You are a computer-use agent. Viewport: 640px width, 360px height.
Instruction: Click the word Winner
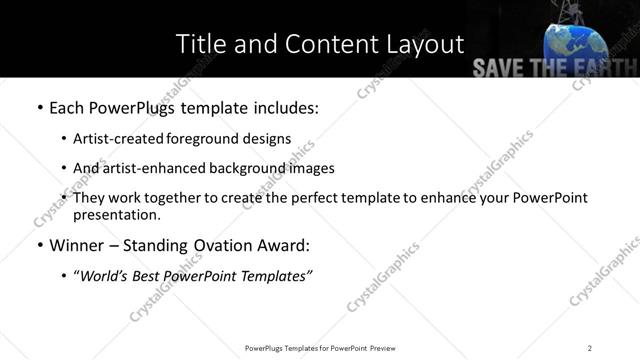point(79,245)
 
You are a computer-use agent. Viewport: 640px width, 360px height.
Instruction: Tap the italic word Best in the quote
point(148,275)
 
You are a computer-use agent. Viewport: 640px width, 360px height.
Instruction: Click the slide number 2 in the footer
point(590,347)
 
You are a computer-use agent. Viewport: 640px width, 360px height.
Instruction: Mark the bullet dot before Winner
point(39,245)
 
